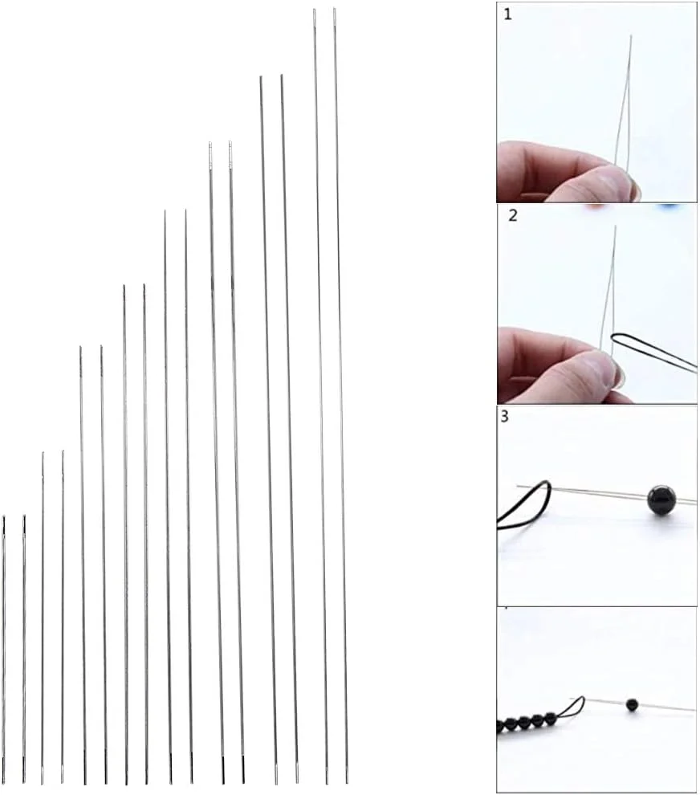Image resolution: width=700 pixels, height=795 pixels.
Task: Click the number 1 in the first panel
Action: [x=508, y=14]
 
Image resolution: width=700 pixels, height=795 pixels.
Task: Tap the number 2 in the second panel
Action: [x=513, y=215]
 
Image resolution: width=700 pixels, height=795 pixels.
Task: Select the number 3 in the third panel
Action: [x=504, y=416]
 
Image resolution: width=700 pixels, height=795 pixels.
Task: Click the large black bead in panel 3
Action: [x=662, y=500]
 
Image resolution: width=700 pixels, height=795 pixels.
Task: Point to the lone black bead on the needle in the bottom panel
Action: [x=632, y=705]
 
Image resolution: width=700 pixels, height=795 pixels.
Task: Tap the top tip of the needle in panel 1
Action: [x=631, y=35]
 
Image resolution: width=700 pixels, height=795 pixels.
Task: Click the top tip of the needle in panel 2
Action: [x=616, y=226]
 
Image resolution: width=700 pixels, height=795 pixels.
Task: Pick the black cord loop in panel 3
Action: [x=527, y=504]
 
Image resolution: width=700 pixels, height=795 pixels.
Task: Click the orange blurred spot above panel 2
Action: [x=596, y=207]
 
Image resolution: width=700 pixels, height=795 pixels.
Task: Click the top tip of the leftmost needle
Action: [x=3, y=516]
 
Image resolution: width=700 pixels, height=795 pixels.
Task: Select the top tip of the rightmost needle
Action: [x=335, y=8]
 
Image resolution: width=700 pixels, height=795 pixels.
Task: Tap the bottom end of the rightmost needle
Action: [x=348, y=783]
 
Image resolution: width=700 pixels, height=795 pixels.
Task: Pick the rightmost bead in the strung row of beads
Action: [x=551, y=718]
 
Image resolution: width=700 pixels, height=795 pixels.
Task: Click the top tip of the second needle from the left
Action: [x=24, y=515]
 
